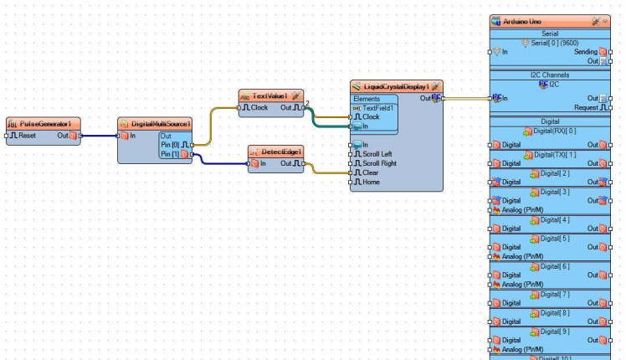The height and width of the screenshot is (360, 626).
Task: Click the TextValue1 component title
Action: (x=270, y=96)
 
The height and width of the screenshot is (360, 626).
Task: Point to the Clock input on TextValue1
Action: (x=254, y=107)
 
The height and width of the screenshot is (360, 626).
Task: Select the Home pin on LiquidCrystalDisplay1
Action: (x=371, y=182)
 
